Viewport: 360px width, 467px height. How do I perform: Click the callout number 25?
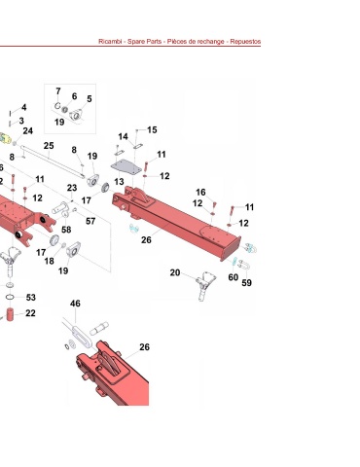(49, 146)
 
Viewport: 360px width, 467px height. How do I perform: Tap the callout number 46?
(75, 304)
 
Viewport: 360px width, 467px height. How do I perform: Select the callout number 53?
(31, 298)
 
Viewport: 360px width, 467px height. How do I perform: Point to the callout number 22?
(30, 313)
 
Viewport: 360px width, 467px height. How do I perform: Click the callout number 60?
(234, 277)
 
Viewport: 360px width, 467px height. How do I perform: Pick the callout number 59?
(246, 283)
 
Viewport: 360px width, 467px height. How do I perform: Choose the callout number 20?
(175, 272)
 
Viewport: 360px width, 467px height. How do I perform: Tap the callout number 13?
(119, 182)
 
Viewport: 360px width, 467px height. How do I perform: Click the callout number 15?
(152, 130)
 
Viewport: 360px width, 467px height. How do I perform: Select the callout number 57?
(90, 221)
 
